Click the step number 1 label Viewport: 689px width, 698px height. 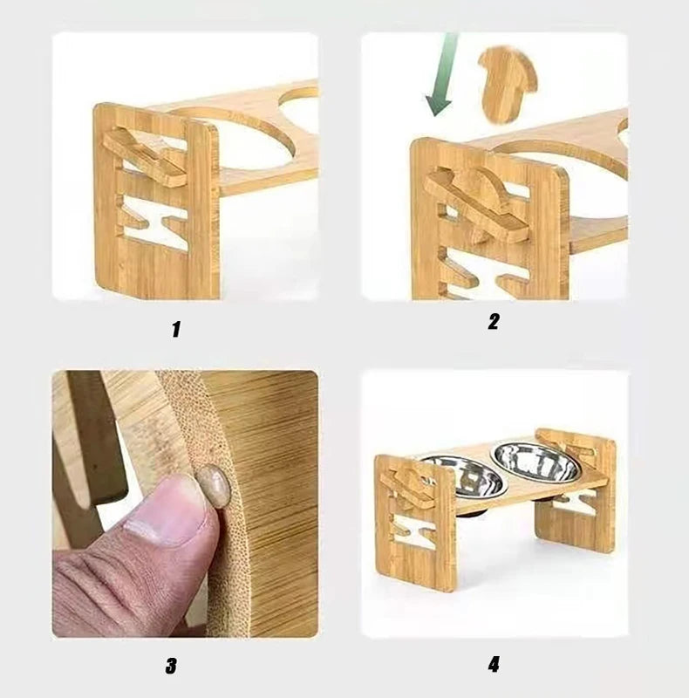pos(175,330)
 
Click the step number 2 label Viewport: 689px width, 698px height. pos(493,321)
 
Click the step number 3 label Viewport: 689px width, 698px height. pos(171,666)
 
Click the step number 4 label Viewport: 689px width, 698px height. pos(494,664)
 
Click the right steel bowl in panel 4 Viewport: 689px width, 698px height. pos(534,461)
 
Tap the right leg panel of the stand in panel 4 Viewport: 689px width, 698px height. pos(576,493)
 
